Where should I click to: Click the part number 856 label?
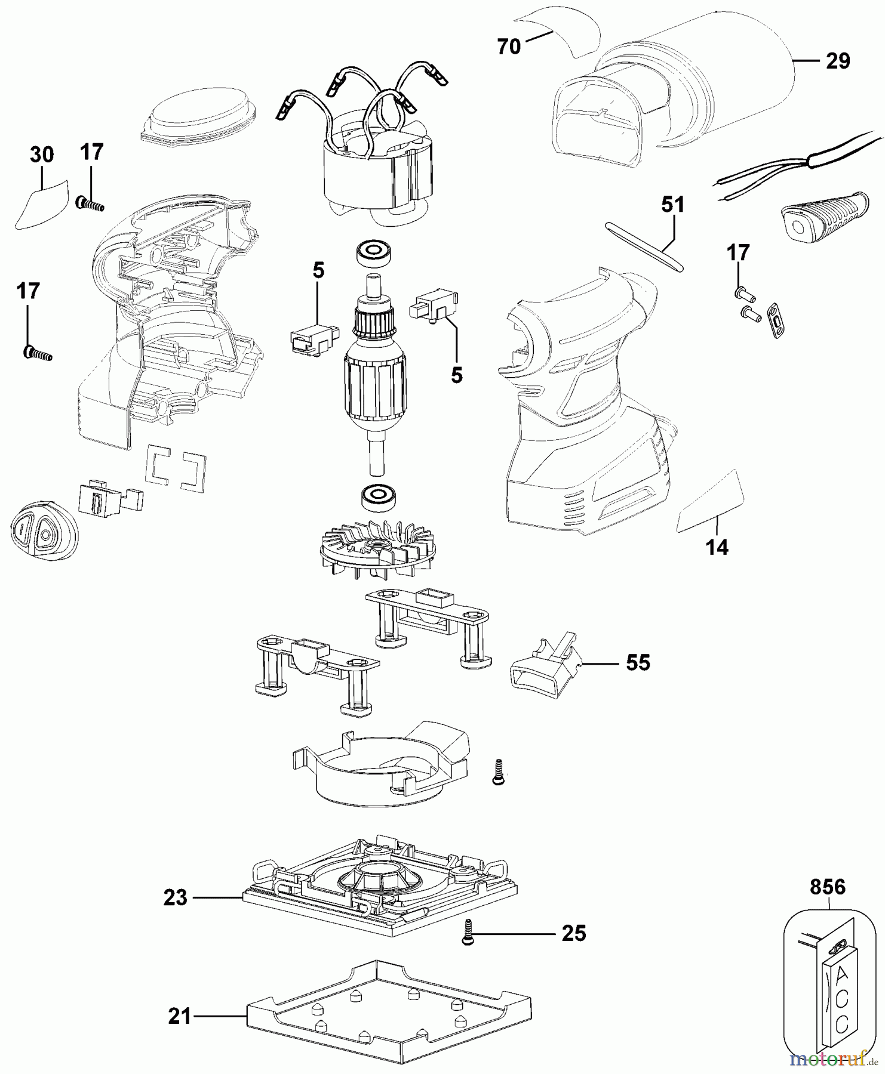828,888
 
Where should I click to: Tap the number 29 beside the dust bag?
838,61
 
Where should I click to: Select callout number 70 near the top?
509,47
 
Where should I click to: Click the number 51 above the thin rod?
673,205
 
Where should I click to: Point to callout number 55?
638,663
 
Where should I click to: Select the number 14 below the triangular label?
718,547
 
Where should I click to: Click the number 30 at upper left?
42,155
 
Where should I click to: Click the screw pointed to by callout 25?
467,932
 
